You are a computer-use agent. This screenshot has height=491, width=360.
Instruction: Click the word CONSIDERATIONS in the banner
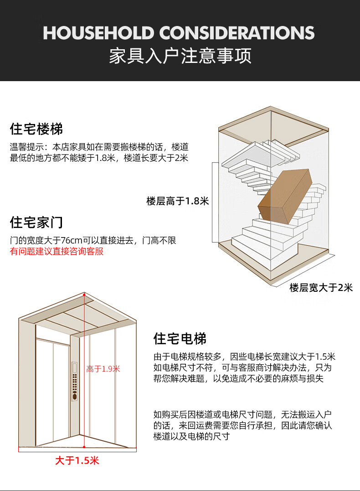[x=237, y=33]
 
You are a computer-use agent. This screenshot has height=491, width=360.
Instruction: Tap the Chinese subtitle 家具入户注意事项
[x=180, y=57]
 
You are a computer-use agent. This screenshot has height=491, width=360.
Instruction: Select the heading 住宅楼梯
[x=36, y=129]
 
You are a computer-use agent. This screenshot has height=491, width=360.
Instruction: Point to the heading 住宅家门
[x=36, y=222]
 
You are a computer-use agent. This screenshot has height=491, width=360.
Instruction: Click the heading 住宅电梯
[x=180, y=339]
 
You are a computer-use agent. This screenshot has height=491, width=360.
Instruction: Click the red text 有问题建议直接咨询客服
[x=57, y=251]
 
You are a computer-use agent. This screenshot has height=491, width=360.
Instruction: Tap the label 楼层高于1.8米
[x=177, y=201]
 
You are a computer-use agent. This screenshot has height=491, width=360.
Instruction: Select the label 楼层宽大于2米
[x=321, y=288]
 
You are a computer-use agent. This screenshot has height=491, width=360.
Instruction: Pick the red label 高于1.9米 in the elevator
[x=103, y=369]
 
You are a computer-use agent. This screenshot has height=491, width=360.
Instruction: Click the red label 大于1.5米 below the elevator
[x=77, y=460]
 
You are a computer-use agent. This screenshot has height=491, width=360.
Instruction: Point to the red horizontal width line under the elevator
[x=77, y=450]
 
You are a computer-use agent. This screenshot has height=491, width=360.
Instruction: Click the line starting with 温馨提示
[x=99, y=147]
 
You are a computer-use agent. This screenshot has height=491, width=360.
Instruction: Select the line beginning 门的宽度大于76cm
[x=93, y=240]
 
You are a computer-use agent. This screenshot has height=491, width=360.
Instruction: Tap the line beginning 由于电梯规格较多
[x=244, y=357]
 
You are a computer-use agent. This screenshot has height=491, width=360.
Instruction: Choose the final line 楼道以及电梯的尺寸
[x=191, y=436]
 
